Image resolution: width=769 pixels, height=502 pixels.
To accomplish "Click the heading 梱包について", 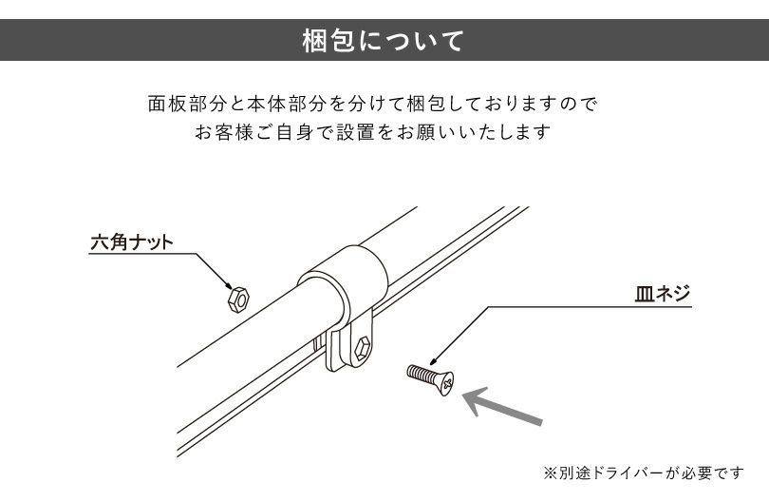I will pyautogui.click(x=384, y=42).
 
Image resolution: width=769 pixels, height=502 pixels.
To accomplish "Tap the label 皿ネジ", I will pyautogui.click(x=662, y=293).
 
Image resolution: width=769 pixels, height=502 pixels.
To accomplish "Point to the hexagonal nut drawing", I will pyautogui.click(x=237, y=299).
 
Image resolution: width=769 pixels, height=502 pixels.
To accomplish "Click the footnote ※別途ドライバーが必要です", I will pyautogui.click(x=643, y=472).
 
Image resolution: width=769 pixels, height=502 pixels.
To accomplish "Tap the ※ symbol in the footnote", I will pyautogui.click(x=549, y=472).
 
